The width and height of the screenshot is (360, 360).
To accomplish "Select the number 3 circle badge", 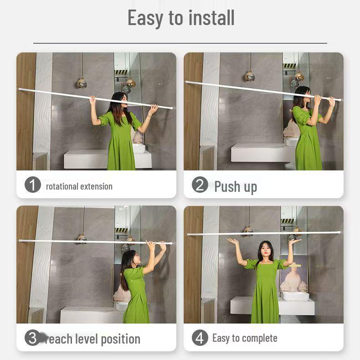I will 32,338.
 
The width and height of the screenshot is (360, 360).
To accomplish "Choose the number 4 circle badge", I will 200,338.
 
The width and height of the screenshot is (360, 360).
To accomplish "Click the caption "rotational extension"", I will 79,186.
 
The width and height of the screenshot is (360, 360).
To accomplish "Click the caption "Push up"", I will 236,186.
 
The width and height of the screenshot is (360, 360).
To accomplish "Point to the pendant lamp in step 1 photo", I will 82,82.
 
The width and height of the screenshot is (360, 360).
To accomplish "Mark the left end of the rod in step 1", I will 20,89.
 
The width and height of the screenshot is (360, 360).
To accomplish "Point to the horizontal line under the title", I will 180,43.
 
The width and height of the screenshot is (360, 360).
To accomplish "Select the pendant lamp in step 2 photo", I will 250,76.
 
